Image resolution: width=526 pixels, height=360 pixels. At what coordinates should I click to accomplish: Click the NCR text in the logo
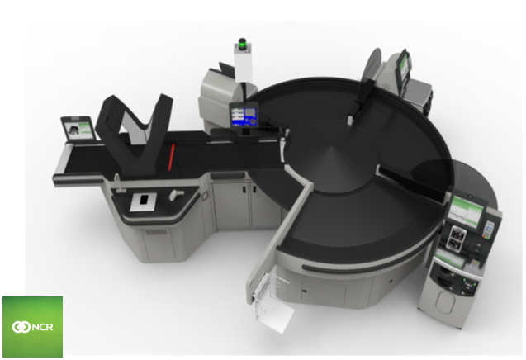click(x=42, y=327)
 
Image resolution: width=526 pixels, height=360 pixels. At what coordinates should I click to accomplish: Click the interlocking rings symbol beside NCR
click(x=21, y=327)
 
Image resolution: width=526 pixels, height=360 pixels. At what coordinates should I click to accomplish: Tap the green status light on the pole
click(x=242, y=44)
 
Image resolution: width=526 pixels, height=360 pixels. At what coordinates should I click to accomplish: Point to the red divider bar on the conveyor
click(x=171, y=157)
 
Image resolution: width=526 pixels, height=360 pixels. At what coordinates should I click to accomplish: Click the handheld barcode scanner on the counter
click(x=176, y=194)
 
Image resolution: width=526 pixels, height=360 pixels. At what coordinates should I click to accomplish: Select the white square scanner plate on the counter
click(x=144, y=201)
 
